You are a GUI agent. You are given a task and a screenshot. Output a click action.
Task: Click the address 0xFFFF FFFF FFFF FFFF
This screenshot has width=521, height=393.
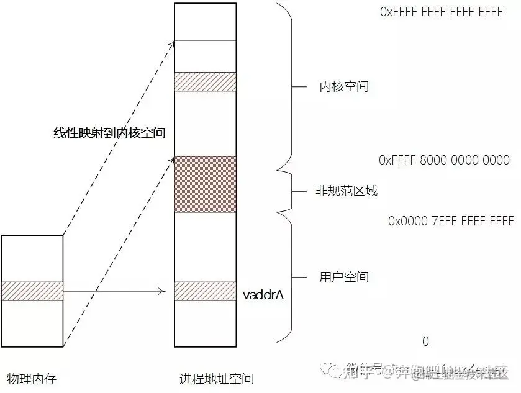(x=441, y=12)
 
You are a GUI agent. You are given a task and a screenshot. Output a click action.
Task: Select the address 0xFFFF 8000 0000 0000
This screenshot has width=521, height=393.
(x=444, y=160)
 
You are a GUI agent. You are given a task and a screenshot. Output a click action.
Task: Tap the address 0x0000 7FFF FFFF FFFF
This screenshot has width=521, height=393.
(x=451, y=221)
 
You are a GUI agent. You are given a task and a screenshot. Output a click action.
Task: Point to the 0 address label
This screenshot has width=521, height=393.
(x=425, y=341)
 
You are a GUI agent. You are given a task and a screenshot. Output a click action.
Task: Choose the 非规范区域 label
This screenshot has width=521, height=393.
(x=347, y=191)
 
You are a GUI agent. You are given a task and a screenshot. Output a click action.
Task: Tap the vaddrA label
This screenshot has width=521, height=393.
(x=264, y=295)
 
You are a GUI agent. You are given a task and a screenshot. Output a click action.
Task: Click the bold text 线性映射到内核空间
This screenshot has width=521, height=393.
(x=109, y=132)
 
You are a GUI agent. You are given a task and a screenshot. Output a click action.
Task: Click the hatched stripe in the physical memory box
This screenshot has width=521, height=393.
(x=32, y=291)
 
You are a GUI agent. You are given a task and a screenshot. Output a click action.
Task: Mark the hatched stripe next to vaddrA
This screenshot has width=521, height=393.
(x=206, y=291)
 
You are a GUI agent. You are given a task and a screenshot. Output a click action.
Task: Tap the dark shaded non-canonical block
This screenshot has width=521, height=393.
(x=206, y=184)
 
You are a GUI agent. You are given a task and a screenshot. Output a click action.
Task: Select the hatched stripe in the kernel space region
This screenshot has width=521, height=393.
(x=206, y=81)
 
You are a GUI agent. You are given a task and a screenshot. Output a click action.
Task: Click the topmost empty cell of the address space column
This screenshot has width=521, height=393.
(x=206, y=22)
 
